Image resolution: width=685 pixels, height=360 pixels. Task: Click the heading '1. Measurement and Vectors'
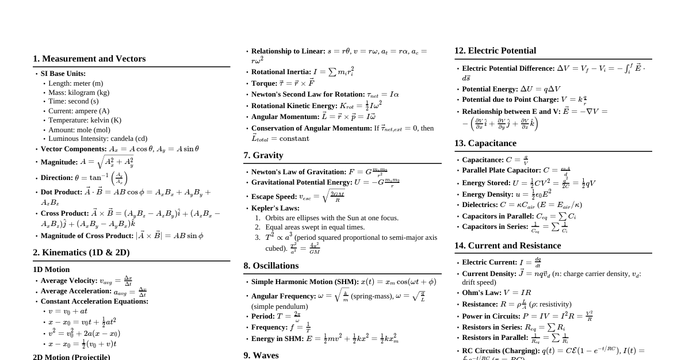click(89, 59)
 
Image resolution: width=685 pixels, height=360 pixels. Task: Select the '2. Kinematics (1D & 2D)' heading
click(81, 252)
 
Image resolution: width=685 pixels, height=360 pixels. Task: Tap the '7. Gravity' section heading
click(263, 155)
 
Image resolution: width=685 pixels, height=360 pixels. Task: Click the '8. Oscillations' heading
click(271, 266)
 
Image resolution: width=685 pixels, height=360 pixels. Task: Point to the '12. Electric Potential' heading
click(495, 51)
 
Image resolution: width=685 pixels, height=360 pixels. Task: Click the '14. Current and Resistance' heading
click(507, 246)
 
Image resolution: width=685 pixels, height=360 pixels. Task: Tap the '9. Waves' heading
click(261, 355)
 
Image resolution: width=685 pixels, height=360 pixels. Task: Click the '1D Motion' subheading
click(51, 270)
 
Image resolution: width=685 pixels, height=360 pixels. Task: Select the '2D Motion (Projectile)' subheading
click(71, 357)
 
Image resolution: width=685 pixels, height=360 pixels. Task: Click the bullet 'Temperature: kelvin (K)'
click(85, 120)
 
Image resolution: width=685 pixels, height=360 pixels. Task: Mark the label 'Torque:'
click(264, 83)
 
